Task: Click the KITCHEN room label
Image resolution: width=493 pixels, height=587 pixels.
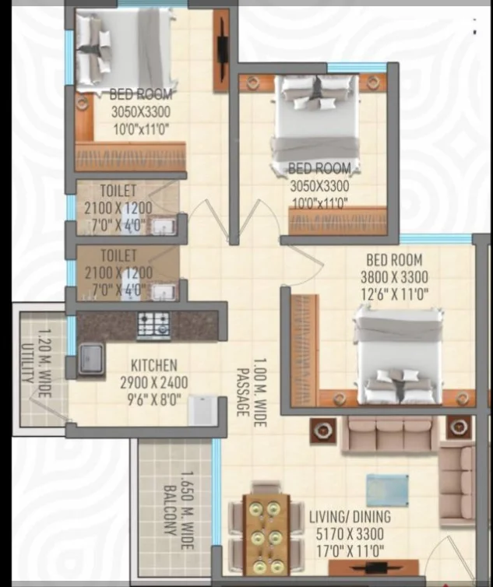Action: pos(154,365)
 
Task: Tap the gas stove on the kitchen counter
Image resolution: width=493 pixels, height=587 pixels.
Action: pos(153,325)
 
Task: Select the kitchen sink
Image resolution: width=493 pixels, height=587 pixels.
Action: pos(90,359)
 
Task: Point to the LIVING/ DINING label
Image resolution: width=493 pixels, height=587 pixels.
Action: pos(350,517)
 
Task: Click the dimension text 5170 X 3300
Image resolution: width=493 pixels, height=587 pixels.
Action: pos(350,534)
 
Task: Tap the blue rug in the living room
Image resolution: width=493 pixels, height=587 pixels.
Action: pos(387,490)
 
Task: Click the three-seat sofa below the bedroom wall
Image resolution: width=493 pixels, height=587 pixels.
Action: pos(389,434)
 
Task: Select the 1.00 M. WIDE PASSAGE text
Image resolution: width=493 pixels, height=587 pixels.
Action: pos(252,392)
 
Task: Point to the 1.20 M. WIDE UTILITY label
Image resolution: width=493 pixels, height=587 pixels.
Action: pos(37,363)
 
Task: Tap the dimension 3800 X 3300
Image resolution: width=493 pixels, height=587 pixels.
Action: pos(394,277)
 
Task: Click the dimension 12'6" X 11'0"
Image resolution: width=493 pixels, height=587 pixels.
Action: pos(394,294)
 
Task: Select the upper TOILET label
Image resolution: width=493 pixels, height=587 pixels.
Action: pos(118,191)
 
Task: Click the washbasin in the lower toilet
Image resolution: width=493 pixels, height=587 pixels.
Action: pos(163,292)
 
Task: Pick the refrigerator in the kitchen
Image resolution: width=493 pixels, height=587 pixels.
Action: pos(202,410)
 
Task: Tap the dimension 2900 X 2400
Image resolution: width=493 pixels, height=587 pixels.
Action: pos(154,382)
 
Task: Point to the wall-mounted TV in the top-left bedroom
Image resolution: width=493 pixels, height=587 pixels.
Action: pos(222,50)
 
